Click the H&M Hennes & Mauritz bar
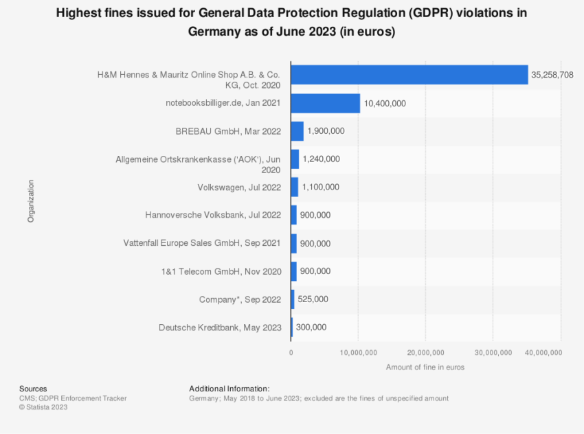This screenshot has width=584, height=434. (409, 75)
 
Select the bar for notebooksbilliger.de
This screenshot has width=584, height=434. (325, 103)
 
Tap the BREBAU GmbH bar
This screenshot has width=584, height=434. (297, 131)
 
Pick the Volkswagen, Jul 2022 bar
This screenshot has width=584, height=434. (294, 187)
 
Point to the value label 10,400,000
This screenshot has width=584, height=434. (385, 103)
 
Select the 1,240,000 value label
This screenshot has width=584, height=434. (321, 159)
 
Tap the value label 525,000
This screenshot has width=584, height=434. (313, 299)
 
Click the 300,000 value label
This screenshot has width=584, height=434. (311, 328)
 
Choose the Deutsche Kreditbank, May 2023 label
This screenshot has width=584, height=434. (220, 328)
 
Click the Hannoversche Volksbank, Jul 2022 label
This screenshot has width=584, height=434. (214, 215)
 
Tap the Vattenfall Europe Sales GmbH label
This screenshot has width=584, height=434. (202, 243)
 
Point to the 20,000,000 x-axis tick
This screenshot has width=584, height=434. (426, 353)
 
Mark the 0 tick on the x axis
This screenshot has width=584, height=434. (291, 353)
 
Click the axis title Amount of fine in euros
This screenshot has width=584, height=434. (425, 367)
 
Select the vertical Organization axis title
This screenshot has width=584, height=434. (31, 201)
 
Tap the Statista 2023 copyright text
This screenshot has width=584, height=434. (43, 407)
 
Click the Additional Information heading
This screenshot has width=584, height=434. (229, 389)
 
